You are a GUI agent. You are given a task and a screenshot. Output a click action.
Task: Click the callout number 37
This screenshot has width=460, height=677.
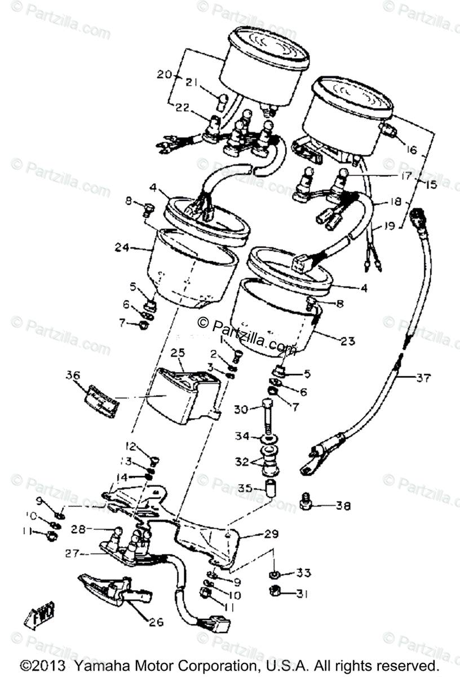[x=422, y=378]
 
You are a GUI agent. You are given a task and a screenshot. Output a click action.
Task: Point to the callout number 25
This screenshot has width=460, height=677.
[x=178, y=354]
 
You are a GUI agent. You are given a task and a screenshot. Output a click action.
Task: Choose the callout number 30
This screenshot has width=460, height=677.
[x=241, y=410]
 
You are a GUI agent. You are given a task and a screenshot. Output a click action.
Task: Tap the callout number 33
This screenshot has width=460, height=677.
[x=304, y=574]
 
